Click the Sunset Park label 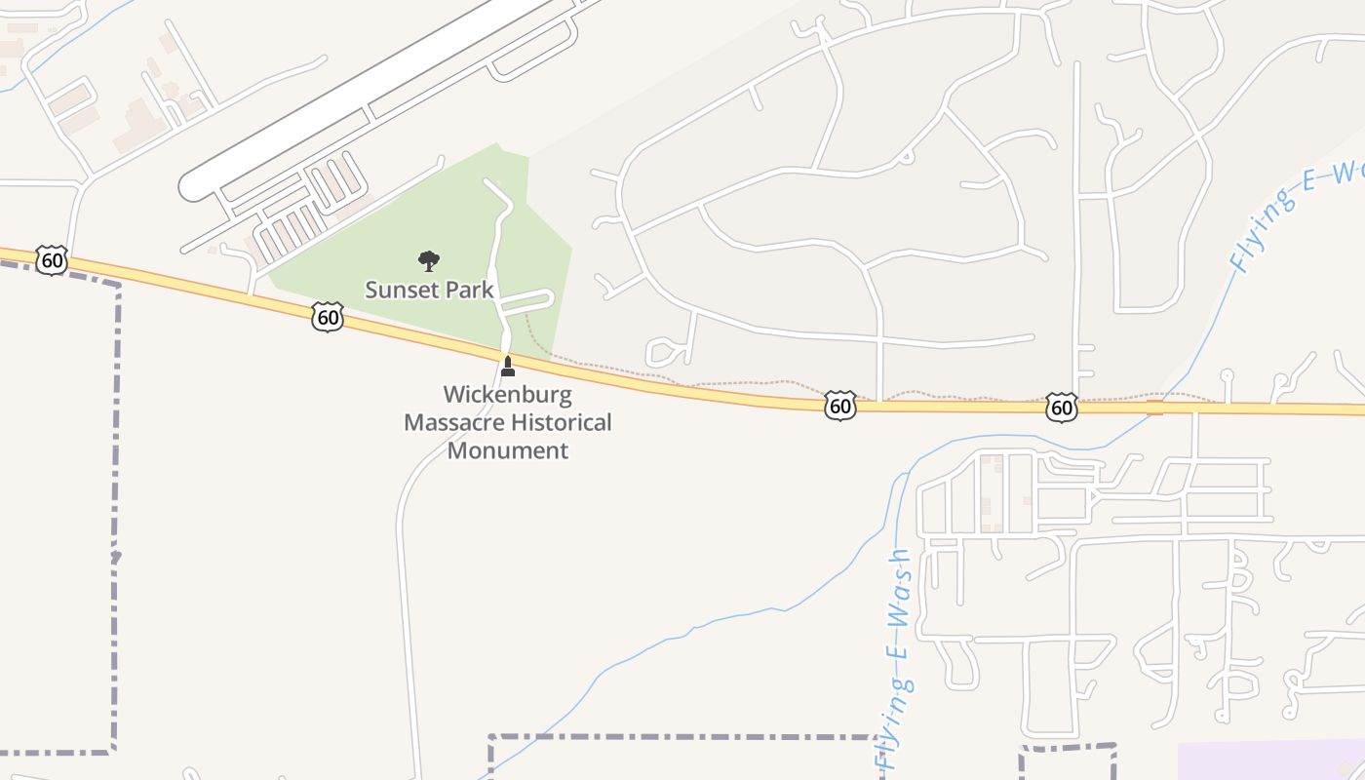[429, 290]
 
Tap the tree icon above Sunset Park [428, 260]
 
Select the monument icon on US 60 [507, 367]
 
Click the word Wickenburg [507, 395]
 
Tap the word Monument [507, 450]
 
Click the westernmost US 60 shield [52, 260]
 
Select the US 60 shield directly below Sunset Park [329, 316]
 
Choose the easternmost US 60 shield [1062, 407]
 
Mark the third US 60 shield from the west [839, 406]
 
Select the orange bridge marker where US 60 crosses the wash [1154, 407]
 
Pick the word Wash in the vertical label [899, 585]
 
